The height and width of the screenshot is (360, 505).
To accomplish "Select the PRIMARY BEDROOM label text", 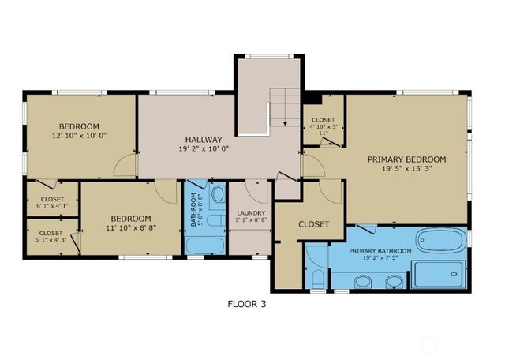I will point(406,159).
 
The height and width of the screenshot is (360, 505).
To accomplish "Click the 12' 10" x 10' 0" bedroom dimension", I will point(79,136).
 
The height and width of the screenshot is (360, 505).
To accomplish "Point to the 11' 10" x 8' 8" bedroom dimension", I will point(130,229).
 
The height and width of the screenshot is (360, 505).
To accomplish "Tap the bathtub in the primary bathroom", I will point(441,240).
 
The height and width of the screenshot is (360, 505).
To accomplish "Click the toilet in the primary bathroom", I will point(317,279).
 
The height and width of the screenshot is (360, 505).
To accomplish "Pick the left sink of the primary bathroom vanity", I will point(363,281).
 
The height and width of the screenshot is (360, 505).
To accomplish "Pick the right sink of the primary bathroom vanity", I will point(393,281).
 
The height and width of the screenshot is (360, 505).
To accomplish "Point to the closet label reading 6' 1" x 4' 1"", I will point(53,202).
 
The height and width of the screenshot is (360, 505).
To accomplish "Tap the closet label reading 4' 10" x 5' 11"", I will point(323,126).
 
